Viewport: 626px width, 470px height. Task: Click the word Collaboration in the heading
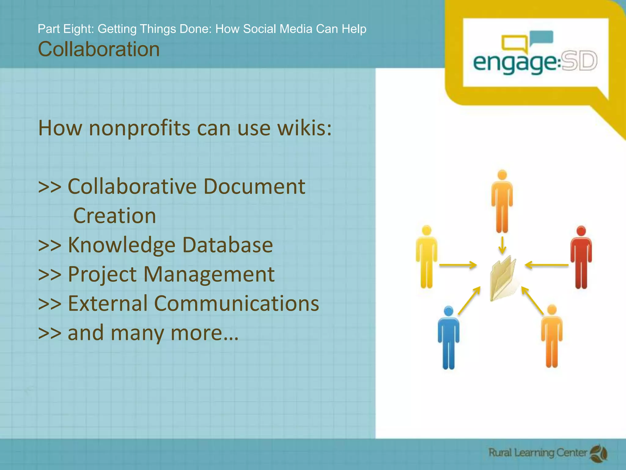pos(99,50)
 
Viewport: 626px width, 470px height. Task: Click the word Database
pos(227,245)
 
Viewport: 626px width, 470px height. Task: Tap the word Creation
pos(115,216)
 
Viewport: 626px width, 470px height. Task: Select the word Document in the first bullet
pos(254,186)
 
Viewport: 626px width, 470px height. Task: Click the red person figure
pos(581,257)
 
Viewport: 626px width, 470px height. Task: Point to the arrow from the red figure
pos(547,265)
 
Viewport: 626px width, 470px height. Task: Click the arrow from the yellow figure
pos(458,265)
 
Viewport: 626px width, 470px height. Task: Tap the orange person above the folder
pos(502,201)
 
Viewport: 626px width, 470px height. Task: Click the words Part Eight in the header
pos(65,29)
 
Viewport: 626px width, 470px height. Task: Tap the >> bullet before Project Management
pos(50,274)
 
